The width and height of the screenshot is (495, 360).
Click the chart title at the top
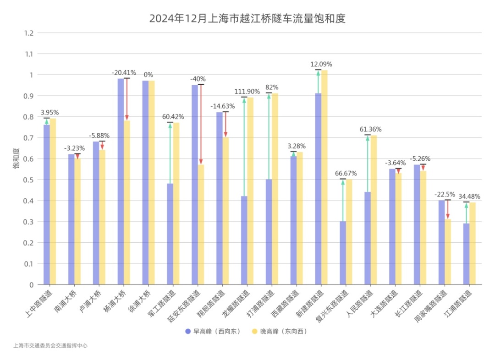pyautogui.click(x=247, y=19)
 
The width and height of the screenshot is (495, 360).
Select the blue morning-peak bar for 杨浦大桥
pyautogui.click(x=121, y=183)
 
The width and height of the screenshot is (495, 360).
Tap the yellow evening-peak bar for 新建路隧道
pyautogui.click(x=324, y=179)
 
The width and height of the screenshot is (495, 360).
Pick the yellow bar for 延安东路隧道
pyautogui.click(x=201, y=224)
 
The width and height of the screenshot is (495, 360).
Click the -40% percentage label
pyautogui.click(x=198, y=79)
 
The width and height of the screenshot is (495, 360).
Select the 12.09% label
pyautogui.click(x=321, y=64)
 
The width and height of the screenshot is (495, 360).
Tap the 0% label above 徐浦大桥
pyautogui.click(x=148, y=75)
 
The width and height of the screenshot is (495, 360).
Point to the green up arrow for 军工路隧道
pyautogui.click(x=170, y=153)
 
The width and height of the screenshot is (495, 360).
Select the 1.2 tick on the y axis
pyautogui.click(x=29, y=33)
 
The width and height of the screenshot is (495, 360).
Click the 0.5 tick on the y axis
pyautogui.click(x=29, y=180)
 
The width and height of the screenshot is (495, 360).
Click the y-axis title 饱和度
pyautogui.click(x=16, y=158)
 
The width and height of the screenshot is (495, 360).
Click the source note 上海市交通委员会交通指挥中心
pyautogui.click(x=50, y=346)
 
